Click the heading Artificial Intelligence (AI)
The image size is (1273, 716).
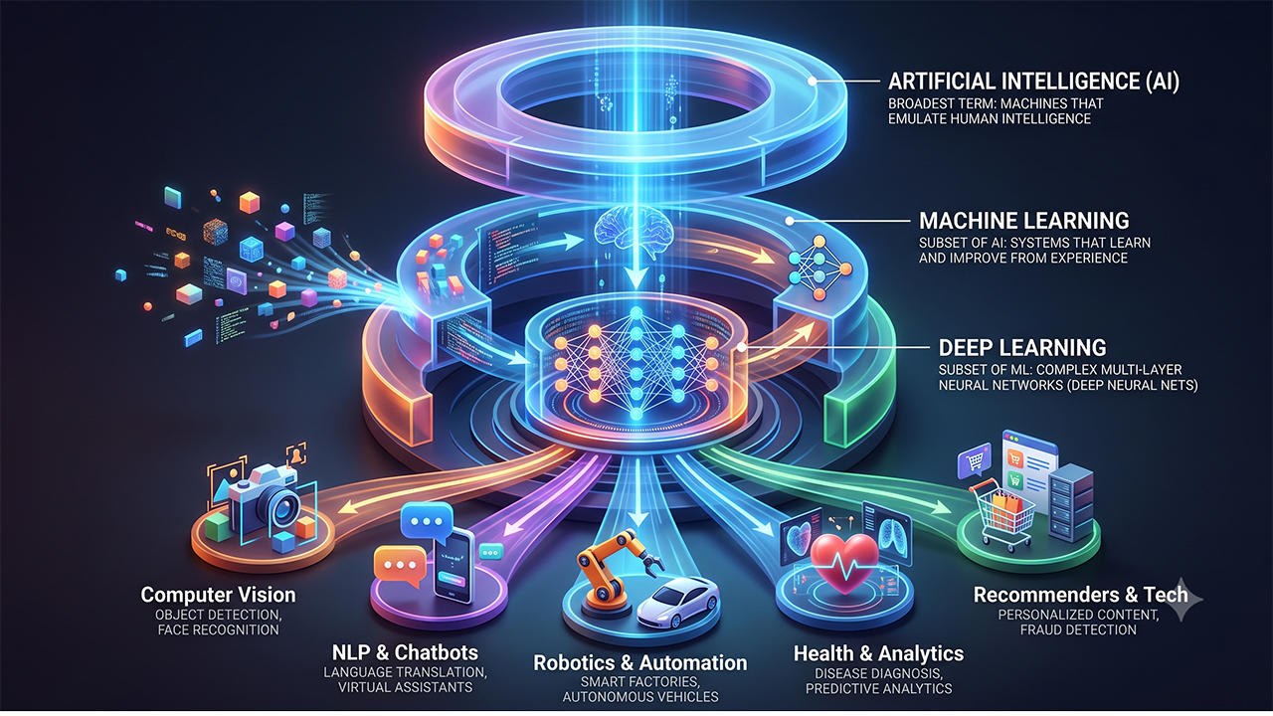(1033, 82)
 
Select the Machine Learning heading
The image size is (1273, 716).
(1024, 221)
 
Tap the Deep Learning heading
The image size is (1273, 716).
(1022, 347)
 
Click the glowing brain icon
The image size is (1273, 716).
(634, 229)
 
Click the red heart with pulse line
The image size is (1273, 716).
(844, 564)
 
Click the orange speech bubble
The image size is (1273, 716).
(400, 567)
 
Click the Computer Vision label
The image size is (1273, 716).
(218, 595)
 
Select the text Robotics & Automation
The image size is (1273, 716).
(640, 662)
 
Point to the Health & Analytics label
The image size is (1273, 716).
(878, 653)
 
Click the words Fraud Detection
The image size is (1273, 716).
(1078, 629)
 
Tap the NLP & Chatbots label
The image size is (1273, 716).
(405, 651)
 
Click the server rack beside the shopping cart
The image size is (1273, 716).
(1072, 503)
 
